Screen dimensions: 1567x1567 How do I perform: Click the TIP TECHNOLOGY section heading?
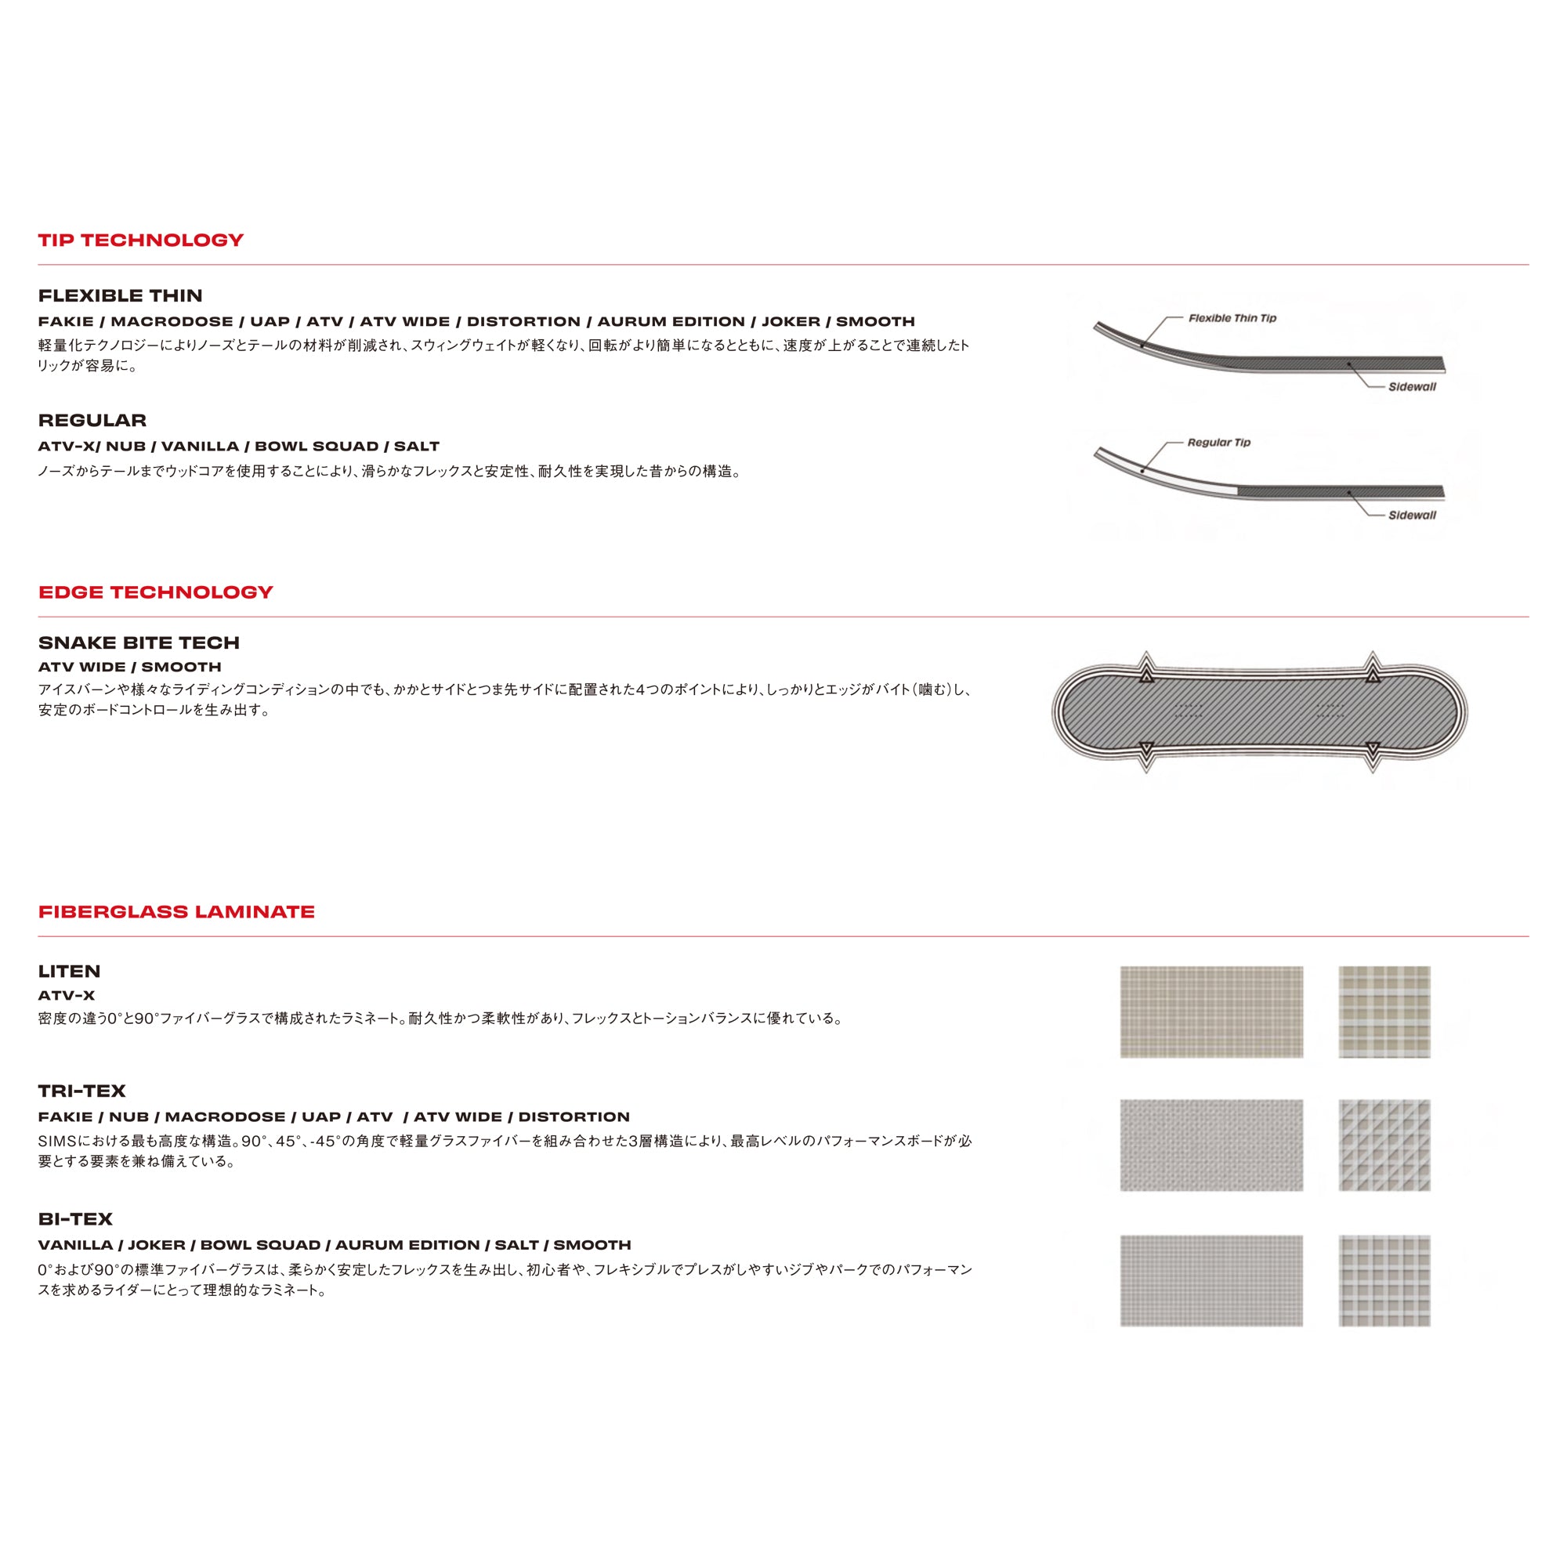tap(140, 240)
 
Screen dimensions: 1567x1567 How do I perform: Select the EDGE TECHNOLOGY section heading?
tap(156, 592)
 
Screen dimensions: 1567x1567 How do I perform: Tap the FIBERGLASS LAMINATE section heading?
tap(176, 912)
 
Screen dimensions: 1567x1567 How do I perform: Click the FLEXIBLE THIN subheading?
tap(120, 296)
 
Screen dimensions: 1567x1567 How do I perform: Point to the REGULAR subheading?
tap(92, 420)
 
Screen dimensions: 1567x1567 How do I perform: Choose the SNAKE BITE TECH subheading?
tap(139, 643)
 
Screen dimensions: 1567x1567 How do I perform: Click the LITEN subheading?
tap(69, 971)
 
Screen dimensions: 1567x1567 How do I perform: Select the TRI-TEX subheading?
tap(82, 1091)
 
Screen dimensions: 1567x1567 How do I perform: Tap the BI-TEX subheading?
tap(75, 1219)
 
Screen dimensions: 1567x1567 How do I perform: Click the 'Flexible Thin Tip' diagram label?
tap(1232, 318)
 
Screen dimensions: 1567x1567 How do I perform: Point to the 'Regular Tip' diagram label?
tap(1218, 442)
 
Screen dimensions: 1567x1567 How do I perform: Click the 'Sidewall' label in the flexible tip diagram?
tap(1411, 387)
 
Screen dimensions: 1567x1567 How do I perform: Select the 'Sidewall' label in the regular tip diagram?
tap(1411, 515)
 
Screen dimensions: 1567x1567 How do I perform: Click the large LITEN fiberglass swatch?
tap(1211, 1011)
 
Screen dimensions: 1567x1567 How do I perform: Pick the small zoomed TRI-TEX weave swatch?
tap(1384, 1145)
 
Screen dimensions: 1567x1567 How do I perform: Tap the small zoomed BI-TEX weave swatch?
tap(1384, 1281)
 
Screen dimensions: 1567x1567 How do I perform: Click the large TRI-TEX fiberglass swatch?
tap(1211, 1145)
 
